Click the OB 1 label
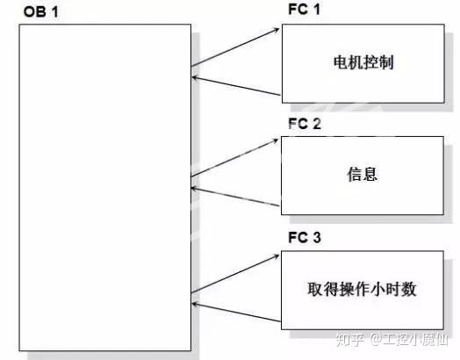click(40, 12)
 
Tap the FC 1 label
click(304, 9)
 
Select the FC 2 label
click(305, 124)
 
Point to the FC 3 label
click(305, 237)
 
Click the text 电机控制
click(363, 62)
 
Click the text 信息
click(363, 174)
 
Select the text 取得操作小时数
click(362, 289)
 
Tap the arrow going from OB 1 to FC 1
click(235, 47)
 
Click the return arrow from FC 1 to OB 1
click(236, 86)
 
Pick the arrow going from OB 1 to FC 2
click(234, 158)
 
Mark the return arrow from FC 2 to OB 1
click(235, 197)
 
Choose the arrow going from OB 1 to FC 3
click(235, 274)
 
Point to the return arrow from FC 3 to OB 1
click(236, 313)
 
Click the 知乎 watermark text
click(349, 340)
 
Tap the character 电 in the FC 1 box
click(341, 62)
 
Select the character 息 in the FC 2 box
click(370, 174)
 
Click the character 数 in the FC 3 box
click(409, 289)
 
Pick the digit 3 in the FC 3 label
click(317, 237)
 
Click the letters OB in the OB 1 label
click(34, 12)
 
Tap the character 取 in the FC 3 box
click(315, 289)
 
